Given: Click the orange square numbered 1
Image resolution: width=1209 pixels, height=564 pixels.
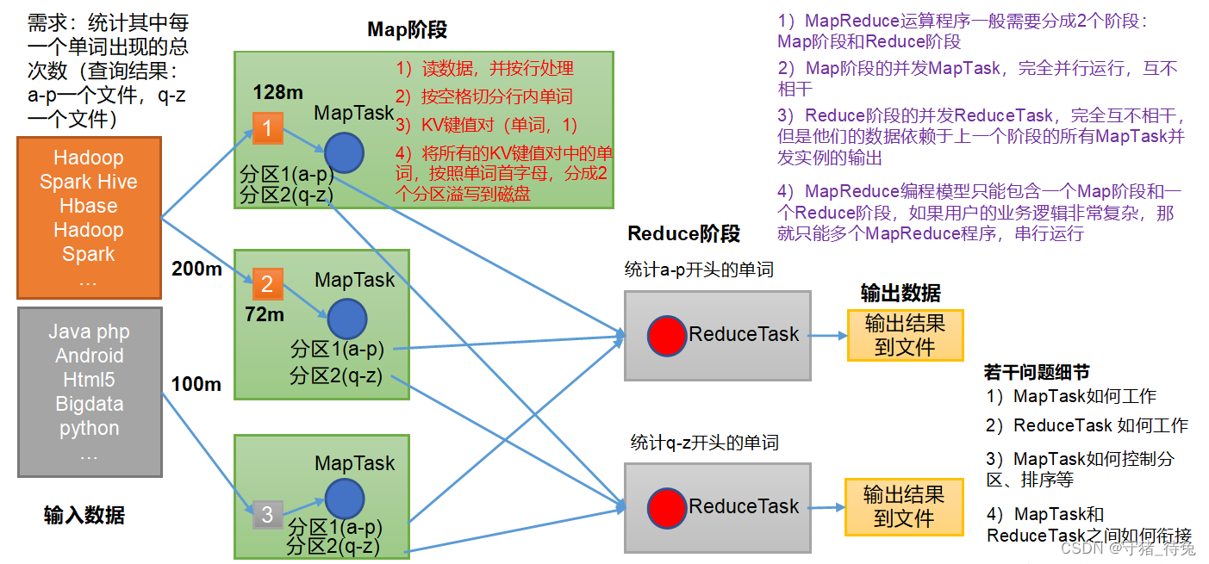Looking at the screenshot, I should coord(267,129).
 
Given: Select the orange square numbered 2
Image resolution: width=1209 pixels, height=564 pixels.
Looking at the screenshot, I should coord(267,283).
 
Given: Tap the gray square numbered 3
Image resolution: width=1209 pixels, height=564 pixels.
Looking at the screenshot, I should coord(267,515).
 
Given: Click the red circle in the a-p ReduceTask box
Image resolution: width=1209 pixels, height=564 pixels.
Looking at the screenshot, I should coord(667,335).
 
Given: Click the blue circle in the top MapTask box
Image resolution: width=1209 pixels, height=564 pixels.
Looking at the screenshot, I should coord(345,152).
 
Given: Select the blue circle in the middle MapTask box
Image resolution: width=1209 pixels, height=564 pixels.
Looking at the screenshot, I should coord(346,318).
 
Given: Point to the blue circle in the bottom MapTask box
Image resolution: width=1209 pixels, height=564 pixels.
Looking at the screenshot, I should coord(346,499).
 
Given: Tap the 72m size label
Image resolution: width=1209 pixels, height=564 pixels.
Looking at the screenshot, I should coord(265,315).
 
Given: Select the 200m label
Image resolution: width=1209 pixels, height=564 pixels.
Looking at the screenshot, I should coord(196,270).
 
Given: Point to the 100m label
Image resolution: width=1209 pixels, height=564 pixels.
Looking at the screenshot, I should coord(196,384).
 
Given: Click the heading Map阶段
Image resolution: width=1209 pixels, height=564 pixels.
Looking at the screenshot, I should coord(407,30).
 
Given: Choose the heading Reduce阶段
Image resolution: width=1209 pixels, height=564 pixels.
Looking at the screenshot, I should coord(683,233).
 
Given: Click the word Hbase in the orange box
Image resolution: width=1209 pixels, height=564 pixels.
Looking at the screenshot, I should coord(89,206).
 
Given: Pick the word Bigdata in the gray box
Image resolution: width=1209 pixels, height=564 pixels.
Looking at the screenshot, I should coord(89,404).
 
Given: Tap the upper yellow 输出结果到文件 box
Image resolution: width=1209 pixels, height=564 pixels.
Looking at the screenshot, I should coord(905,335).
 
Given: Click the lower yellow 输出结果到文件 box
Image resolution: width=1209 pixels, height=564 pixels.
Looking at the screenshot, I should coord(904,506).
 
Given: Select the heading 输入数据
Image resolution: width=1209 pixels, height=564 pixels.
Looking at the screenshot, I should coord(84,515).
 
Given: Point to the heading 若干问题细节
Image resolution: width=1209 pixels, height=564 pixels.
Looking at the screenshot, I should coord(1036,372).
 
